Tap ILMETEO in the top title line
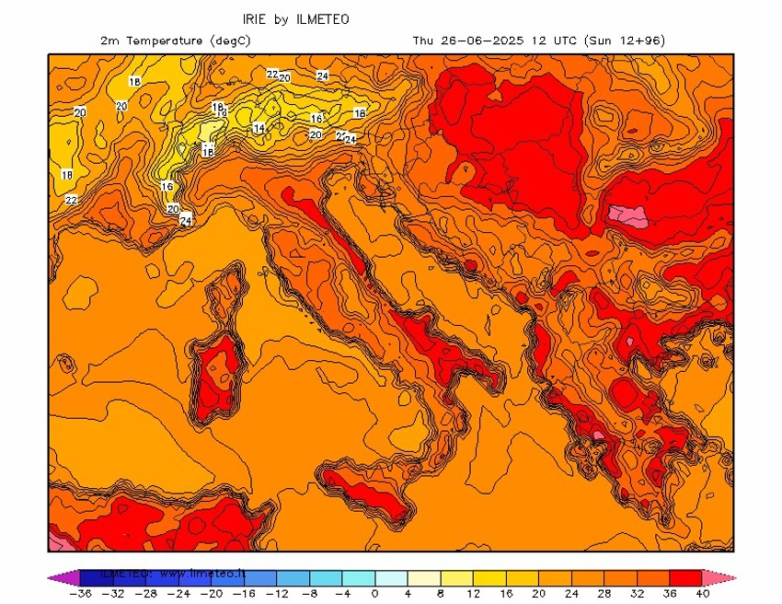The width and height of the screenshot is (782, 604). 323,18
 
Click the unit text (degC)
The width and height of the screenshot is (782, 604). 230,41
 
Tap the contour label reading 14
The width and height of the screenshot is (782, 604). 259,128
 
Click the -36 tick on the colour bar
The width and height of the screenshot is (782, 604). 80,595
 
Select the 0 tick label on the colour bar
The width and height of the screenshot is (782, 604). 374,595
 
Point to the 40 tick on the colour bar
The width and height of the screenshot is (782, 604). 704,595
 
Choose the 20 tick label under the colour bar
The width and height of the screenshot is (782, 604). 538,595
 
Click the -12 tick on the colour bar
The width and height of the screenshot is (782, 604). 276,595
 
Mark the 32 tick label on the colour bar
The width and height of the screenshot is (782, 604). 637,595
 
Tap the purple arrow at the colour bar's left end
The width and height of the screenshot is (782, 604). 62,577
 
